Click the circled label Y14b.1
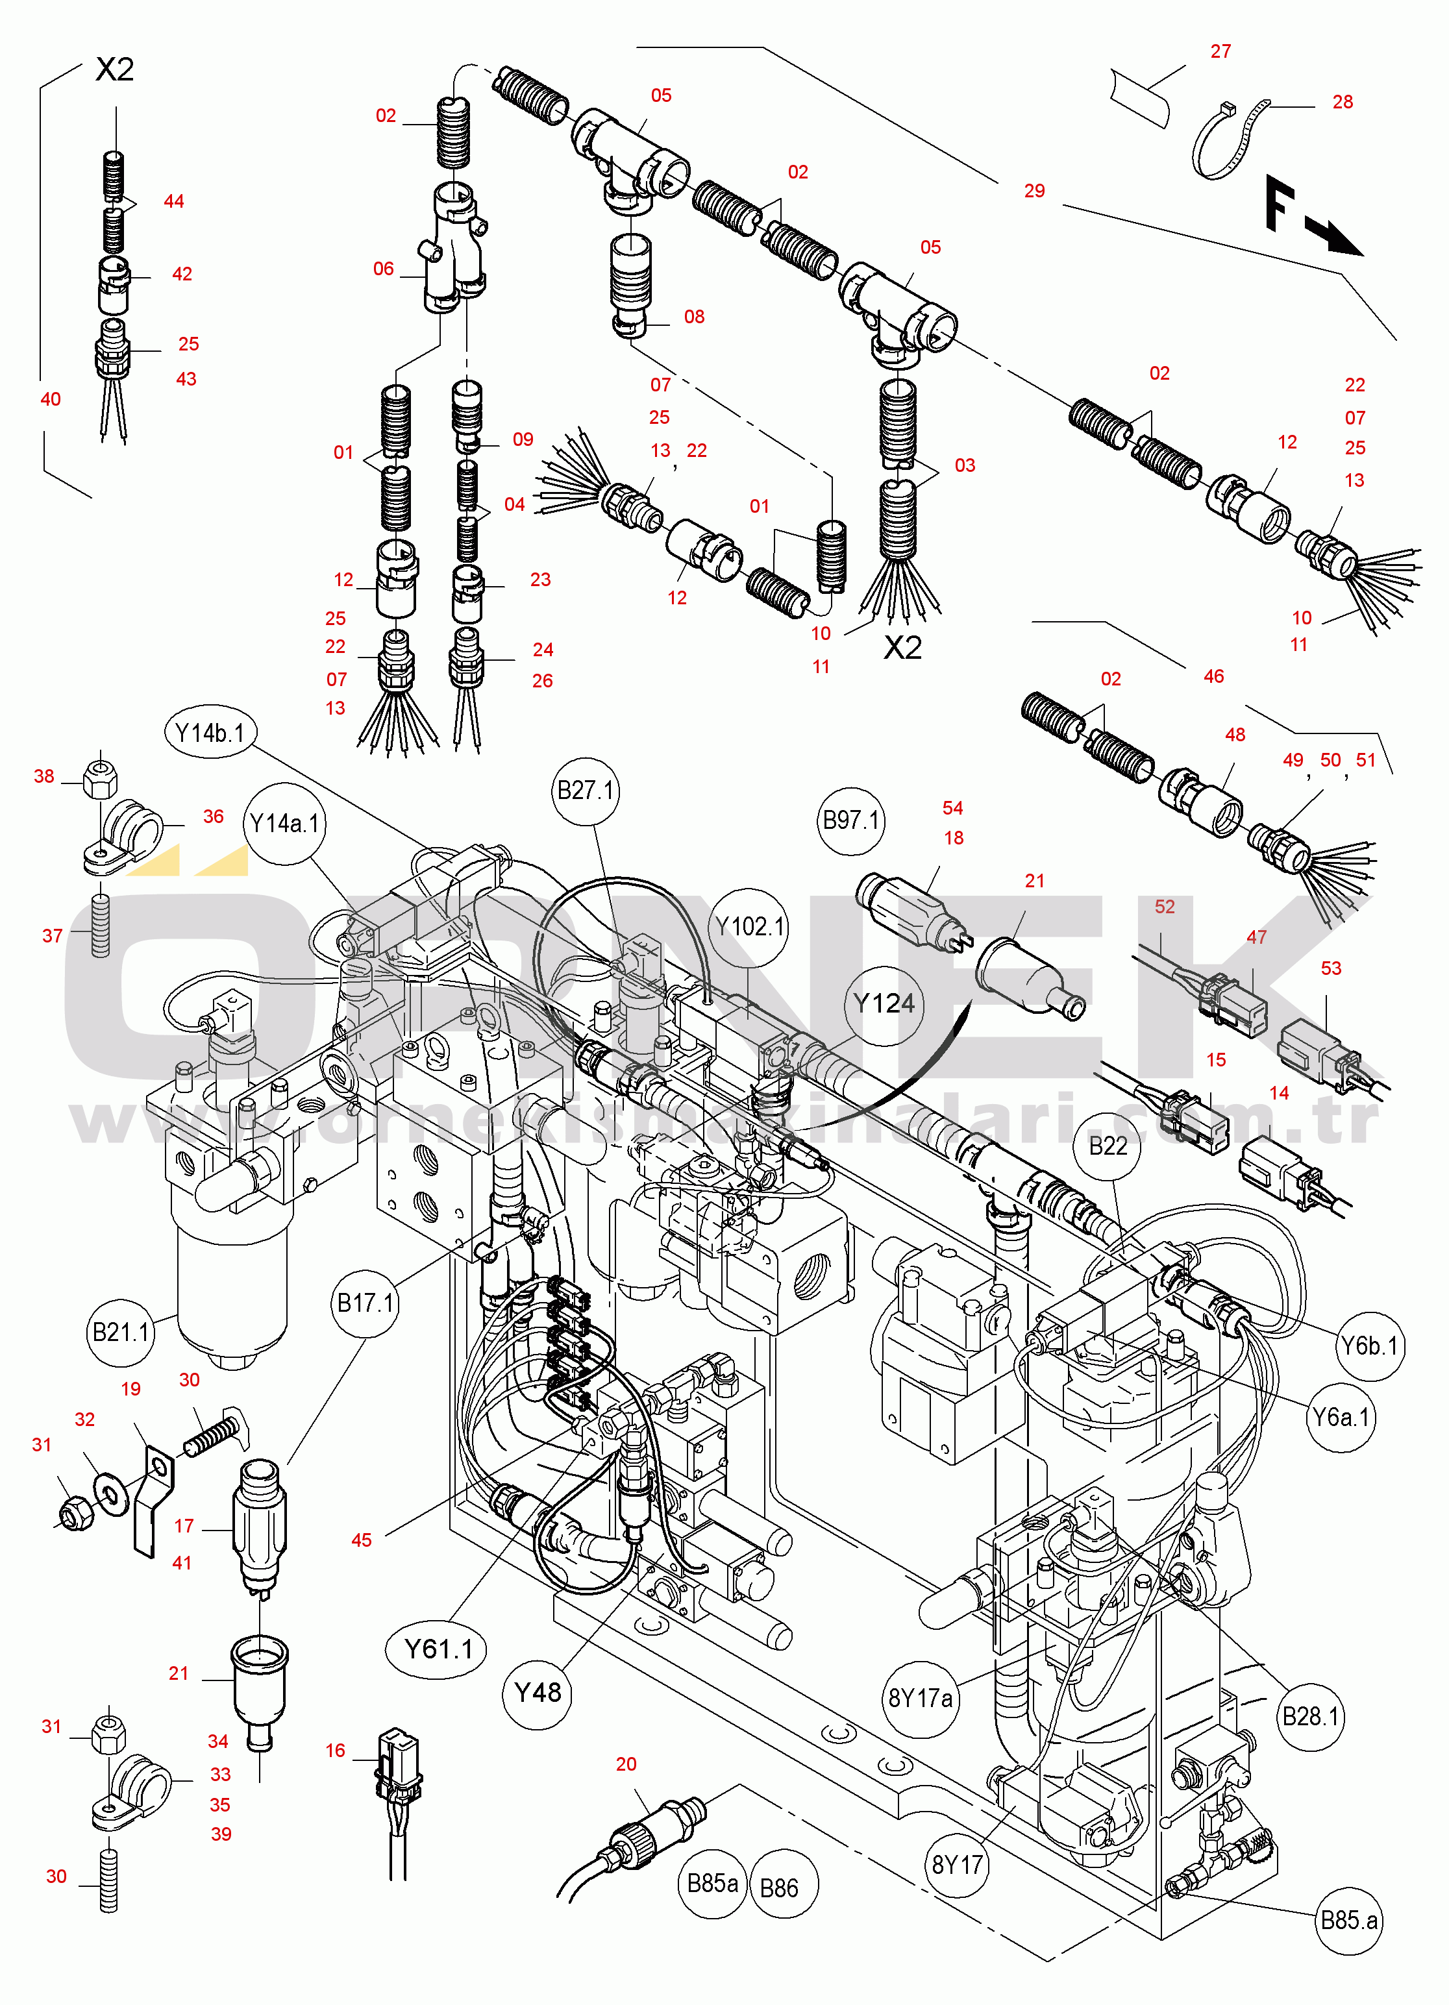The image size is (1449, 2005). coord(210,733)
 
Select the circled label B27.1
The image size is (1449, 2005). coord(586,789)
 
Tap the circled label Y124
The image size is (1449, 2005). coord(883,1003)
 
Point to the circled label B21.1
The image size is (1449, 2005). coord(121,1331)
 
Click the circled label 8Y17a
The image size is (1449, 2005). coord(921,1697)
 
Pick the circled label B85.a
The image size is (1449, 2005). coord(1348,1920)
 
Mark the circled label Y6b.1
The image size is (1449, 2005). coord(1369,1346)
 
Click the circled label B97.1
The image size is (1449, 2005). coord(851,820)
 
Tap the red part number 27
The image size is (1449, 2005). coord(1220,51)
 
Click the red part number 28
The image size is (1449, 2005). coord(1342,102)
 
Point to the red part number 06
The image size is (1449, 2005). coord(383,269)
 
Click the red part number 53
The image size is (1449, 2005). coord(1331,968)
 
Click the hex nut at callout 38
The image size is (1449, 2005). coord(100,779)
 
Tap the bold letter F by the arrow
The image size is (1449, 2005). coord(1280,203)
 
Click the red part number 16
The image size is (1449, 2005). coord(335,1751)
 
